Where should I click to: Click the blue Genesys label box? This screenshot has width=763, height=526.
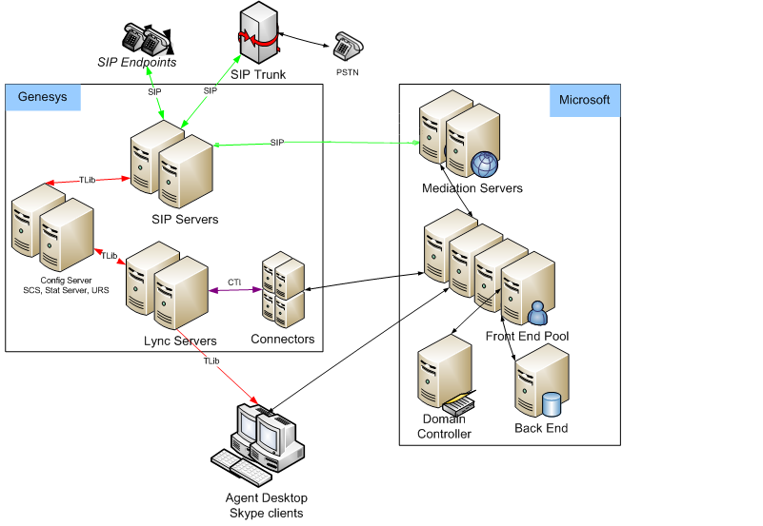(x=44, y=97)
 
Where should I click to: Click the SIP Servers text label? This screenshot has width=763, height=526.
(x=185, y=220)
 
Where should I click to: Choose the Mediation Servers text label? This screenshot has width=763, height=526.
(x=472, y=188)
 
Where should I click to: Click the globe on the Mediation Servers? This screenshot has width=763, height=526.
(x=485, y=164)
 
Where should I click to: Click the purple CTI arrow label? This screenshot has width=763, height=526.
(x=234, y=282)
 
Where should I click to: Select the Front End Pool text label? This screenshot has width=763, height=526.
(x=528, y=337)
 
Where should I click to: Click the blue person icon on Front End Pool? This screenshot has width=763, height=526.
(x=536, y=311)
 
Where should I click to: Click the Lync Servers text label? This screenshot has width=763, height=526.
(x=180, y=341)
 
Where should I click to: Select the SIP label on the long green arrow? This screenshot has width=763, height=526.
(x=277, y=142)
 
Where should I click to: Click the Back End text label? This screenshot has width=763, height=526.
(x=541, y=428)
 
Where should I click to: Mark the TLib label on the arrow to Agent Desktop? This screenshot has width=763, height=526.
(x=211, y=360)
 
